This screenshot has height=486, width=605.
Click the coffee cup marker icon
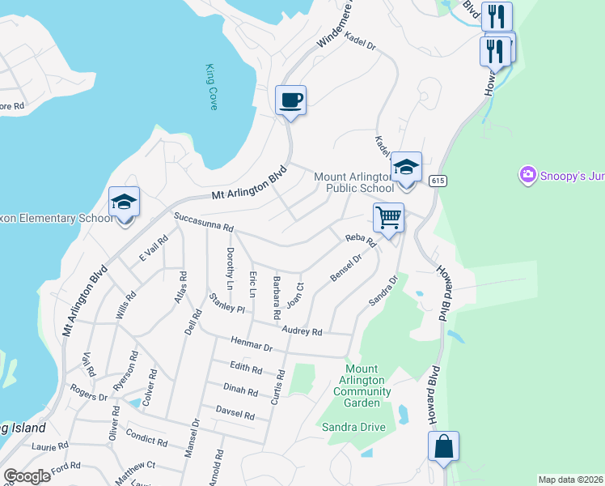(x=291, y=101)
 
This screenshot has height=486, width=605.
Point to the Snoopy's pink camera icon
(x=528, y=174)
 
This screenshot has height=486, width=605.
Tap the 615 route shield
(x=438, y=180)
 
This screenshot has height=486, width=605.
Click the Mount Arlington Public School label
(x=353, y=183)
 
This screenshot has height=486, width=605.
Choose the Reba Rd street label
(x=361, y=241)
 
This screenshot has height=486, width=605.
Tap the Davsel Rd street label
(x=235, y=414)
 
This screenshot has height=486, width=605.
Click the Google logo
(x=27, y=476)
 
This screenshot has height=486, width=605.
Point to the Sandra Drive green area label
(x=353, y=427)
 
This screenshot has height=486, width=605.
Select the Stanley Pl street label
(x=226, y=303)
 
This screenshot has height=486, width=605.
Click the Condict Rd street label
(x=147, y=441)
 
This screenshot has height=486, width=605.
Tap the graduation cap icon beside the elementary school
(x=125, y=202)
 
